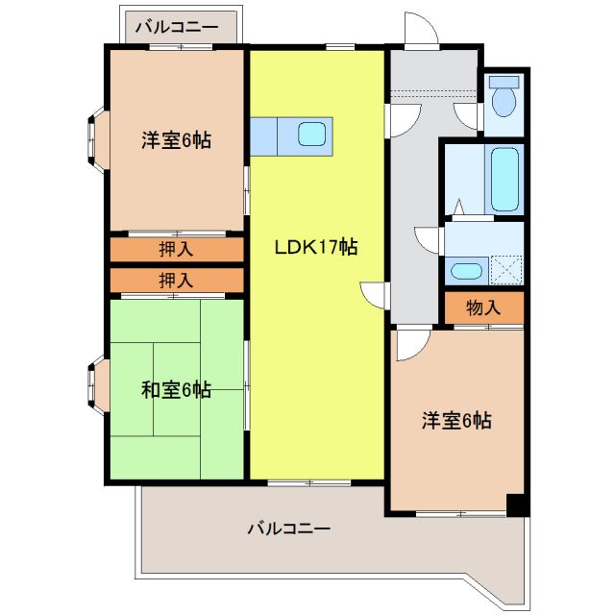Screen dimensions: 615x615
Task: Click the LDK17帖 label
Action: pyautogui.click(x=316, y=247)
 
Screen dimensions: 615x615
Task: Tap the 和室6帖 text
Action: pyautogui.click(x=176, y=390)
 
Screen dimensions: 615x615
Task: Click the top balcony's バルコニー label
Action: pyautogui.click(x=176, y=26)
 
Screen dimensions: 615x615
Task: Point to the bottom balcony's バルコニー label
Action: pyautogui.click(x=288, y=529)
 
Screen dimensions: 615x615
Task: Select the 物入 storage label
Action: pyautogui.click(x=483, y=308)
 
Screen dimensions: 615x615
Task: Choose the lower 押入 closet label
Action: pyautogui.click(x=176, y=281)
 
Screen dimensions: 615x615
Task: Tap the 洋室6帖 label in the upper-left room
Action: pyautogui.click(x=176, y=140)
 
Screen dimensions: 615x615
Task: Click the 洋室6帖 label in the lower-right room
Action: pyautogui.click(x=457, y=421)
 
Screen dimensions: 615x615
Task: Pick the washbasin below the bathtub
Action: pyautogui.click(x=466, y=271)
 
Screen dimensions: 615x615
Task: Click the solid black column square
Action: pyautogui.click(x=517, y=504)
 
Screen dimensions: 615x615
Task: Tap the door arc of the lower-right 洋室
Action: pyautogui.click(x=408, y=344)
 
